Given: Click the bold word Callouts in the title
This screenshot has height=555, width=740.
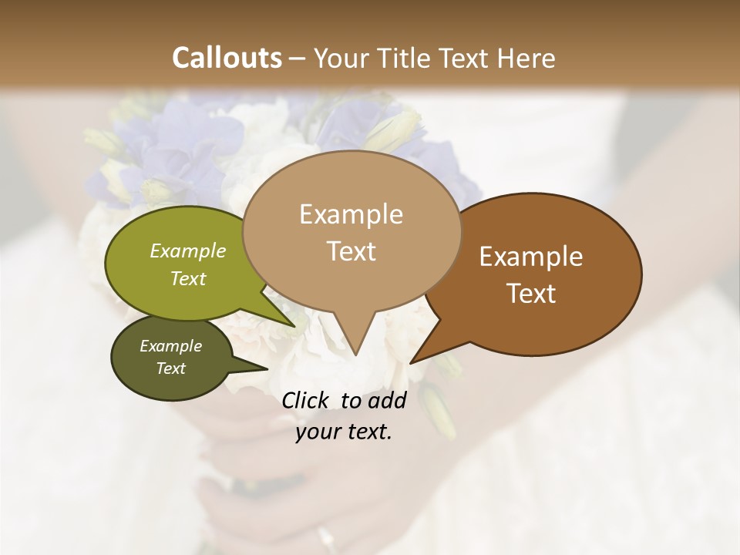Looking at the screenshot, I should click(x=227, y=58).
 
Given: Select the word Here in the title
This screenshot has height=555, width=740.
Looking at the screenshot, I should click(x=526, y=58).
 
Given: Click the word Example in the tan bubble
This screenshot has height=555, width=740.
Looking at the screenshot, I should click(x=351, y=214).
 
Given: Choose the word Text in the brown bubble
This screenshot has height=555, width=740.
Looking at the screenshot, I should click(x=531, y=294).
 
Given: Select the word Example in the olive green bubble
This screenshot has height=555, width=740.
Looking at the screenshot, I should click(x=188, y=251).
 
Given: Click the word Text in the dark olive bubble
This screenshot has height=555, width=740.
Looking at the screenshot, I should click(x=170, y=368).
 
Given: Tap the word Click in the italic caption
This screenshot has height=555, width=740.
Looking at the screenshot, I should click(x=305, y=400).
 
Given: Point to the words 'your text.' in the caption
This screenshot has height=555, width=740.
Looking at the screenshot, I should click(x=344, y=432).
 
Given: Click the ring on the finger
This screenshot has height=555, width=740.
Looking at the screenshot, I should click(x=325, y=535).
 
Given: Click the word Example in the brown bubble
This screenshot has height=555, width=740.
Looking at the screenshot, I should click(x=531, y=257).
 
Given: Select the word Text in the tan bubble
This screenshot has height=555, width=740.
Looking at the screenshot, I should click(x=351, y=251).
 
